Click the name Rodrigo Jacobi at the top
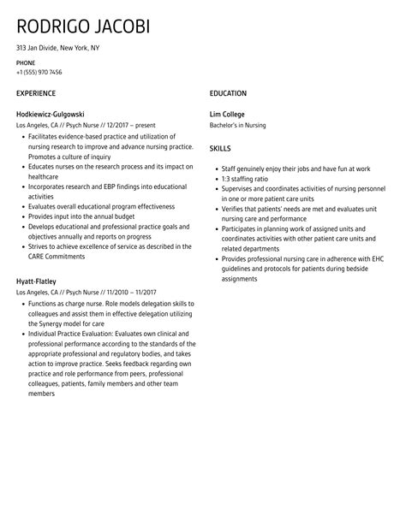coord(83,26)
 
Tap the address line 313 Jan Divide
coord(57,48)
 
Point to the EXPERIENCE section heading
coord(36,93)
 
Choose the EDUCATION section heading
coord(228,93)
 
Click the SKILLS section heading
coord(220,147)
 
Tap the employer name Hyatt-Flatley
coord(37,281)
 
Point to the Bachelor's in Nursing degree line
coord(238,126)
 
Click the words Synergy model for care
coord(63,324)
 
